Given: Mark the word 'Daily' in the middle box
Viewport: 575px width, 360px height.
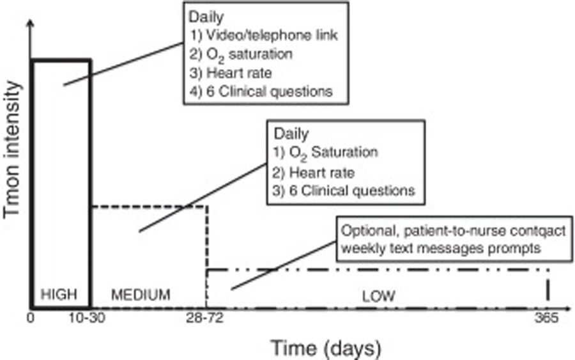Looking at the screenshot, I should pyautogui.click(x=291, y=134).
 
